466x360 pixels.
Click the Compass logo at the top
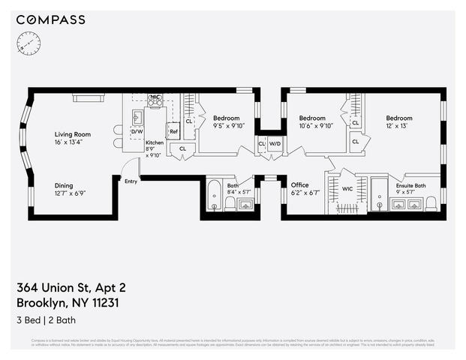click(51, 19)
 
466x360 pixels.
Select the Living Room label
click(72, 134)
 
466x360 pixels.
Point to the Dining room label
click(69, 185)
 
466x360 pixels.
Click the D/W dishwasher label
click(137, 132)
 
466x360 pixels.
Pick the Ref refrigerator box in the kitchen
click(173, 131)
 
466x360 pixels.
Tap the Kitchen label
click(155, 142)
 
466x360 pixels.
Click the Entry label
click(131, 181)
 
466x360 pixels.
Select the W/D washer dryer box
click(275, 143)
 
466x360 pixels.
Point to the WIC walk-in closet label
click(347, 189)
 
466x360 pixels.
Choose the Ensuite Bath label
click(410, 185)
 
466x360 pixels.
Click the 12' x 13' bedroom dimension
click(399, 126)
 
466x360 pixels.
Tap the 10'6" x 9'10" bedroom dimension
click(312, 126)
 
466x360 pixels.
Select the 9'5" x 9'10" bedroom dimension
click(226, 126)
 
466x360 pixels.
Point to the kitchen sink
click(137, 117)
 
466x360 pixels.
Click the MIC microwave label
click(155, 97)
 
